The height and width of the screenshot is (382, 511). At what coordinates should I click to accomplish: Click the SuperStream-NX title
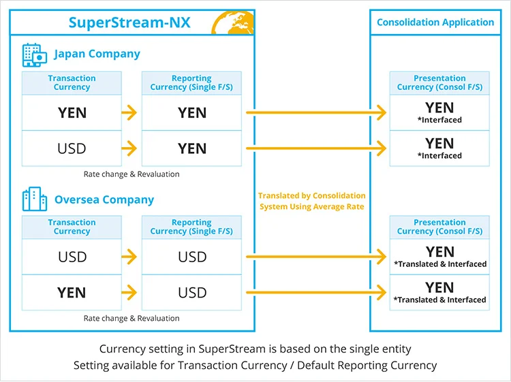(129, 22)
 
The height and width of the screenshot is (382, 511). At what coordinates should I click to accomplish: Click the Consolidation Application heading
(435, 22)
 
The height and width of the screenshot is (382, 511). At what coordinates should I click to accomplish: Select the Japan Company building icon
(34, 54)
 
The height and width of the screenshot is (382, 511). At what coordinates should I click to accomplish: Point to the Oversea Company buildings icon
(34, 199)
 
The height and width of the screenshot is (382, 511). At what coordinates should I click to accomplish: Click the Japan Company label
(97, 54)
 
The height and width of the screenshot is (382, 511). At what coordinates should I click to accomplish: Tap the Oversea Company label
(104, 200)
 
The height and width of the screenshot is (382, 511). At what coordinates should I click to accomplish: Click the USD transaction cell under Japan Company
(72, 148)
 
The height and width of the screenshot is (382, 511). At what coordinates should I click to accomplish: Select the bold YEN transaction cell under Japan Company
(72, 112)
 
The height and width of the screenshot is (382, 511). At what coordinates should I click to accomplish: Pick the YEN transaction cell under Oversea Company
(72, 292)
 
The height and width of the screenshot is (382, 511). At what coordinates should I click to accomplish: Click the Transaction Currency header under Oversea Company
(72, 227)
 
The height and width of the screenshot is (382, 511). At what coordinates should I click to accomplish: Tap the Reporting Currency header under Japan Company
(191, 83)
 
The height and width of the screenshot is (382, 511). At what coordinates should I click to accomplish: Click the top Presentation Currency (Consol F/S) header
(439, 83)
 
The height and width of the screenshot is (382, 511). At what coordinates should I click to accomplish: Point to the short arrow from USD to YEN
(129, 148)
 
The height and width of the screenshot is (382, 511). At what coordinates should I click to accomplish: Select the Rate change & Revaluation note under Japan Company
(131, 174)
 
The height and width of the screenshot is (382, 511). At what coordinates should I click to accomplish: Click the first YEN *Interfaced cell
(439, 112)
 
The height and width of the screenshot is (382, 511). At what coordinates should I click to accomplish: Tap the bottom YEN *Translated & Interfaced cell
(439, 292)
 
